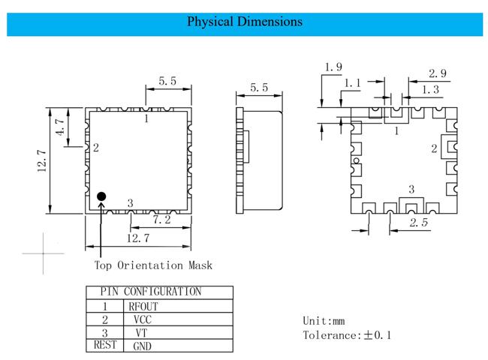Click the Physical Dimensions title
point(245,22)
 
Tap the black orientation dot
point(101,196)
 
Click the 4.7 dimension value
point(60,127)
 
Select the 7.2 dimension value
point(161,220)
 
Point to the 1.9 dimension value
point(333,67)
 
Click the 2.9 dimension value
point(438,73)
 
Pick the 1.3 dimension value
point(430,89)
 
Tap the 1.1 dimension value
point(352,83)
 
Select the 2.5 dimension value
point(419,222)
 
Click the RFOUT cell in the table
point(143,307)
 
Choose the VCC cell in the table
point(143,319)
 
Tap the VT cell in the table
point(141,333)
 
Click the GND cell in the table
point(142,346)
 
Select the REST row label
point(105,345)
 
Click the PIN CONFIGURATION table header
point(151,292)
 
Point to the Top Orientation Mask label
point(153,265)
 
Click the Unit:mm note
point(324,321)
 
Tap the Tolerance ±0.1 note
point(347,335)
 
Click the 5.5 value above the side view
point(259,88)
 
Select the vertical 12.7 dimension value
point(42,160)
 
